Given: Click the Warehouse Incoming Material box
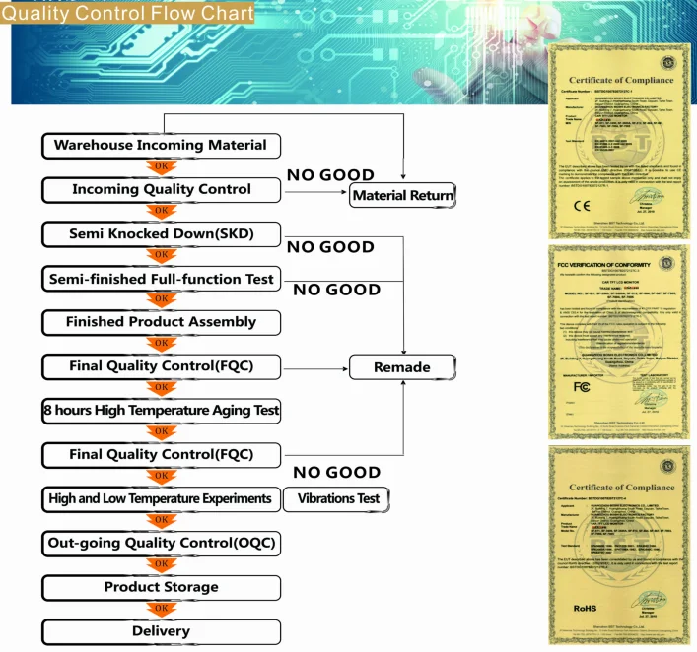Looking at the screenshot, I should click(x=161, y=146).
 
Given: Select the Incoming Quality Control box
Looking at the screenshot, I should click(x=161, y=190).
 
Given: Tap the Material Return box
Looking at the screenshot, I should click(x=403, y=195).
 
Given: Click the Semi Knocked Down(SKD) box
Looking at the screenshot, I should click(x=161, y=234).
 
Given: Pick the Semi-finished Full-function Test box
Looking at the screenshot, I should click(x=161, y=280).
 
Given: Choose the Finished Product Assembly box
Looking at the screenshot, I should click(x=161, y=322).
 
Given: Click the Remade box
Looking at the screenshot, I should click(x=403, y=367).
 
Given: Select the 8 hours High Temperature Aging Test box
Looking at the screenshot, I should click(x=161, y=410).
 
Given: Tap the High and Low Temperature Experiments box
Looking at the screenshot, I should click(x=161, y=499).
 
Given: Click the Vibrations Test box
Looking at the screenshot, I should click(x=337, y=499).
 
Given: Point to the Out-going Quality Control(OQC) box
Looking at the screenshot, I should click(x=161, y=543).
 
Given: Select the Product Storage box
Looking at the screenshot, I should click(x=161, y=587).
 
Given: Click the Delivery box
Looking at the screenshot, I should click(x=161, y=631).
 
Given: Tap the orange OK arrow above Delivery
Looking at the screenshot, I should click(x=161, y=610).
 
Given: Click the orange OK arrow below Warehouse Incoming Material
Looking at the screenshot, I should click(x=161, y=167).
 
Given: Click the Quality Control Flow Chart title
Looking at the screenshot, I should click(x=127, y=14).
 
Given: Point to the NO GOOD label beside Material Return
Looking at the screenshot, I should click(x=330, y=175).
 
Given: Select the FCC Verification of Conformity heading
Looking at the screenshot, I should click(x=606, y=264).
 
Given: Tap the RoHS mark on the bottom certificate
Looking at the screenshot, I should click(x=586, y=609).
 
